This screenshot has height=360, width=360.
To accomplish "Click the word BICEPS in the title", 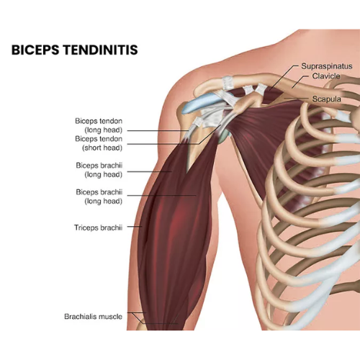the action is pyautogui.click(x=35, y=50).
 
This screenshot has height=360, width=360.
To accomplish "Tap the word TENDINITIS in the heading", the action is pyautogui.click(x=100, y=50).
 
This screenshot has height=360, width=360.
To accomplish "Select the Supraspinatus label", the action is pyautogui.click(x=327, y=66).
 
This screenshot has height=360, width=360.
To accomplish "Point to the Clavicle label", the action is pyautogui.click(x=326, y=76).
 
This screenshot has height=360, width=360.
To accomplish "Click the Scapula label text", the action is pyautogui.click(x=326, y=99).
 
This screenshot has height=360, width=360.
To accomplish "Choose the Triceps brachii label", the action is pyautogui.click(x=98, y=228).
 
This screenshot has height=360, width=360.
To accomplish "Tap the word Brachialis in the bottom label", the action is pyautogui.click(x=79, y=316).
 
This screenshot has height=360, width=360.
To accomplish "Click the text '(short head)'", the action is pyautogui.click(x=102, y=148).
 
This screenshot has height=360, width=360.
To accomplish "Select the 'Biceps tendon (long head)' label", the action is pyautogui.click(x=99, y=125).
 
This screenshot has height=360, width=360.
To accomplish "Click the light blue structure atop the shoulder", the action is pyautogui.click(x=201, y=103).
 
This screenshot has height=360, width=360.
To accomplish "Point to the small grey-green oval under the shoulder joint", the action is pyautogui.click(x=224, y=136).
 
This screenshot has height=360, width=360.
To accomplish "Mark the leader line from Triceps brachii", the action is pyautogui.click(x=135, y=226).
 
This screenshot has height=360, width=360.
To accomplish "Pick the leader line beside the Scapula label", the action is pyautogui.click(x=296, y=99).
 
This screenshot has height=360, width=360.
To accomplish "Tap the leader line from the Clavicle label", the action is pyautogui.click(x=300, y=82).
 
